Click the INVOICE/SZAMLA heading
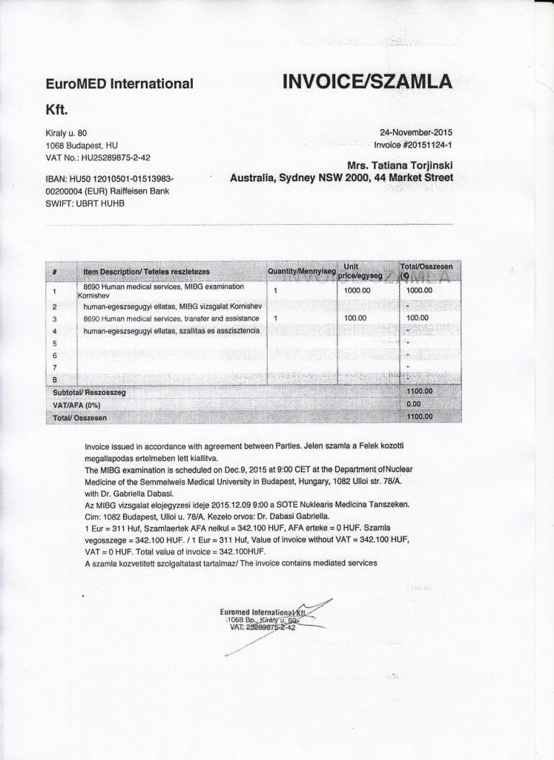(x=367, y=82)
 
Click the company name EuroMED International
(x=119, y=85)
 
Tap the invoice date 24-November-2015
(x=415, y=133)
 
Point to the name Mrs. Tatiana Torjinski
(x=400, y=165)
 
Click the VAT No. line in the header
(x=98, y=158)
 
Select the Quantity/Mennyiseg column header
(x=302, y=271)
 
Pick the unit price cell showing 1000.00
(x=357, y=290)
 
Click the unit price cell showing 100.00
(x=356, y=318)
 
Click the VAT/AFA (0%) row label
(x=76, y=405)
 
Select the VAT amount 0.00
(x=414, y=404)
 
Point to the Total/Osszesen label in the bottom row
(x=80, y=418)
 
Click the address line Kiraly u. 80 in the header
(x=67, y=133)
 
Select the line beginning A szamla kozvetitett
(x=231, y=563)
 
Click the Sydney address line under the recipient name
(x=341, y=178)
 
